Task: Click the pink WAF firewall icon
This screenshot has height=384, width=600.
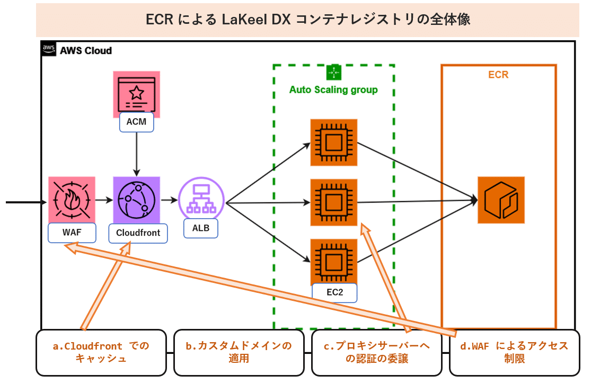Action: [x=72, y=200]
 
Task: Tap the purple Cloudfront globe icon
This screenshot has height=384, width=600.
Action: [x=137, y=200]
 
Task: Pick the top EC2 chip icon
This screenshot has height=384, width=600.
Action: [x=333, y=142]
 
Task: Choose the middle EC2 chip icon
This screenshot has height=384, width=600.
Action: [x=333, y=202]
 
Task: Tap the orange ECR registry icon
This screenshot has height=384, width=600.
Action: [x=501, y=200]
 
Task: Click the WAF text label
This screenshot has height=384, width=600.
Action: [x=72, y=233]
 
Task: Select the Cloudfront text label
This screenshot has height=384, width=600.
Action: [x=138, y=233]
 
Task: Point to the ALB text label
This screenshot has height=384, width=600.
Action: [x=201, y=228]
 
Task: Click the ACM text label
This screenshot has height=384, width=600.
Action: [x=137, y=122]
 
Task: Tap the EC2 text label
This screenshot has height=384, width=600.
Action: [x=334, y=292]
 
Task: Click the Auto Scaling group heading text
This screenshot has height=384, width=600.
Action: [x=333, y=90]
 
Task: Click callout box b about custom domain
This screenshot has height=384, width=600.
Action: [x=239, y=352]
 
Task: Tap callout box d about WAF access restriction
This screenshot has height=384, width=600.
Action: [x=514, y=352]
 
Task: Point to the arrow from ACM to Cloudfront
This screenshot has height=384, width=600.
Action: [x=137, y=154]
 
